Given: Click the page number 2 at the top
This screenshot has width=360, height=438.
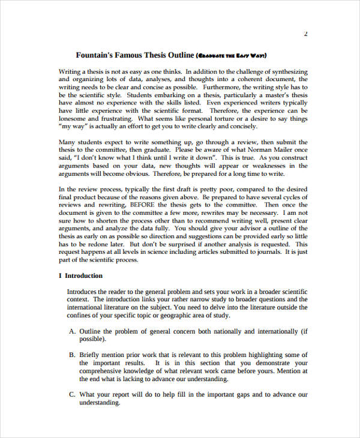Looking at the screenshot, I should [305, 34].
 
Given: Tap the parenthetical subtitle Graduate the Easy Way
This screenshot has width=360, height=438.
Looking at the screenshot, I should [231, 56].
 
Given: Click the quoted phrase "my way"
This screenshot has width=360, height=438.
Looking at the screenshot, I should [73, 126].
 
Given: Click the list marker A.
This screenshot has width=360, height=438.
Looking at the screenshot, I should [72, 331].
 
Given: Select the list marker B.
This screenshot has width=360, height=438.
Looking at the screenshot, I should [72, 355].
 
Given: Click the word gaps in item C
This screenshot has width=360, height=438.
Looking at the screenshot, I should [240, 395].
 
